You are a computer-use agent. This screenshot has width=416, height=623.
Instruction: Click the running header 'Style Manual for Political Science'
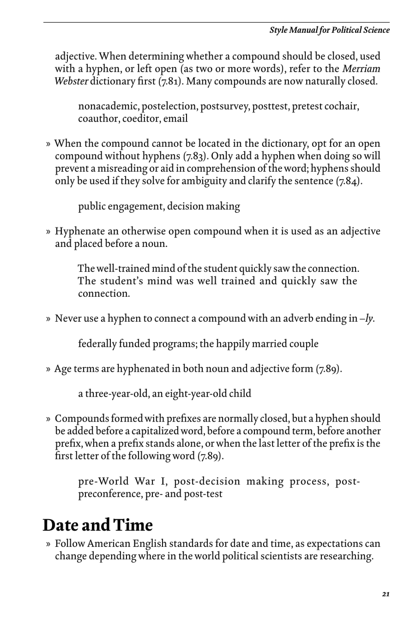(x=329, y=30)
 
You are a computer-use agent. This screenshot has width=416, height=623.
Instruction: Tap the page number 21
(x=385, y=594)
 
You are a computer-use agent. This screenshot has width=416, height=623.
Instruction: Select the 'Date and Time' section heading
(x=98, y=525)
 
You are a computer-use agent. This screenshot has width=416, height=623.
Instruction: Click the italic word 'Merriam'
(x=361, y=69)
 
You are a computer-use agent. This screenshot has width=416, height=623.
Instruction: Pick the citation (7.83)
(x=193, y=156)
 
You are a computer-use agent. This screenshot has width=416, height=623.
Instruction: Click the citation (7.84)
(x=349, y=181)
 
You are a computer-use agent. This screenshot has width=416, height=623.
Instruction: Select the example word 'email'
(x=176, y=119)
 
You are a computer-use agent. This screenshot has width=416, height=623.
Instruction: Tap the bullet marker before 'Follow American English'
(x=48, y=544)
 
